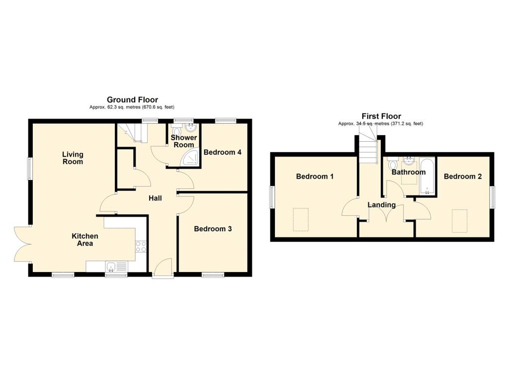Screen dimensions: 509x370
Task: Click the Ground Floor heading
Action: coord(132,100)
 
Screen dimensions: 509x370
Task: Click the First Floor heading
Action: coord(381,116)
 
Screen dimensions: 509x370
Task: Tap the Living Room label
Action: coord(73,158)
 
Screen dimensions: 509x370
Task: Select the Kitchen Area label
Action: coord(85,240)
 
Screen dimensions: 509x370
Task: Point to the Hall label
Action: coord(155,198)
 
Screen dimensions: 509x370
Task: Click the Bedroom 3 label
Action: coord(213,229)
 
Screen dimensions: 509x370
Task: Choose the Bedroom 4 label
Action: coord(222,152)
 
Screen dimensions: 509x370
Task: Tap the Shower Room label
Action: coord(184,141)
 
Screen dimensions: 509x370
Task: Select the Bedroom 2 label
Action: coord(463,177)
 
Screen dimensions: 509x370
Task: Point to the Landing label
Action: coord(382,205)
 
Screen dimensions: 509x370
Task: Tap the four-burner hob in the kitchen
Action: coord(141,247)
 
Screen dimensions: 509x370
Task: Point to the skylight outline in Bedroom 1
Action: coord(301,220)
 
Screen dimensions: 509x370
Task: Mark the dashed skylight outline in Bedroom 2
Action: coord(460,221)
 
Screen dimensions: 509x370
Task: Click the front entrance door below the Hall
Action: coord(163,268)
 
